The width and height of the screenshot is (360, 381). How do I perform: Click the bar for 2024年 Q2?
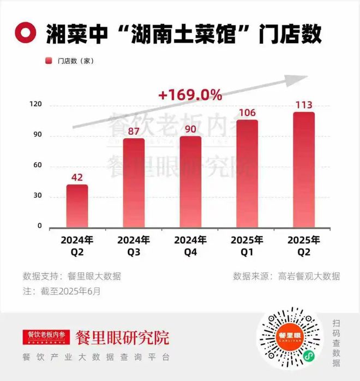point(77,206)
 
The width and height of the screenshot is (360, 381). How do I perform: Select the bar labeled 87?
point(134,183)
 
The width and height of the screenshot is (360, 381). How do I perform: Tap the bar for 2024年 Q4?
point(190,182)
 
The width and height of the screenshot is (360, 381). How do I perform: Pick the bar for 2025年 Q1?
point(247,174)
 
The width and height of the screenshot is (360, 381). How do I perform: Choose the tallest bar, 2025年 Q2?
point(304,170)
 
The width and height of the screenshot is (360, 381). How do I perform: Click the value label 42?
point(77,177)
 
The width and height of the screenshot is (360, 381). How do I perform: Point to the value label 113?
point(304,105)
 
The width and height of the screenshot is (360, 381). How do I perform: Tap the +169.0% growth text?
point(190,95)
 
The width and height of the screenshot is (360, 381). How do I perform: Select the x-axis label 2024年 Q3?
point(134,246)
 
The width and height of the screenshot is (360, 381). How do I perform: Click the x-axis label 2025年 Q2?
point(304,246)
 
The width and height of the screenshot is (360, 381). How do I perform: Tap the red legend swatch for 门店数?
point(49,61)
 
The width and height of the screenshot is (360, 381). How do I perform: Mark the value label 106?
point(247,112)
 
